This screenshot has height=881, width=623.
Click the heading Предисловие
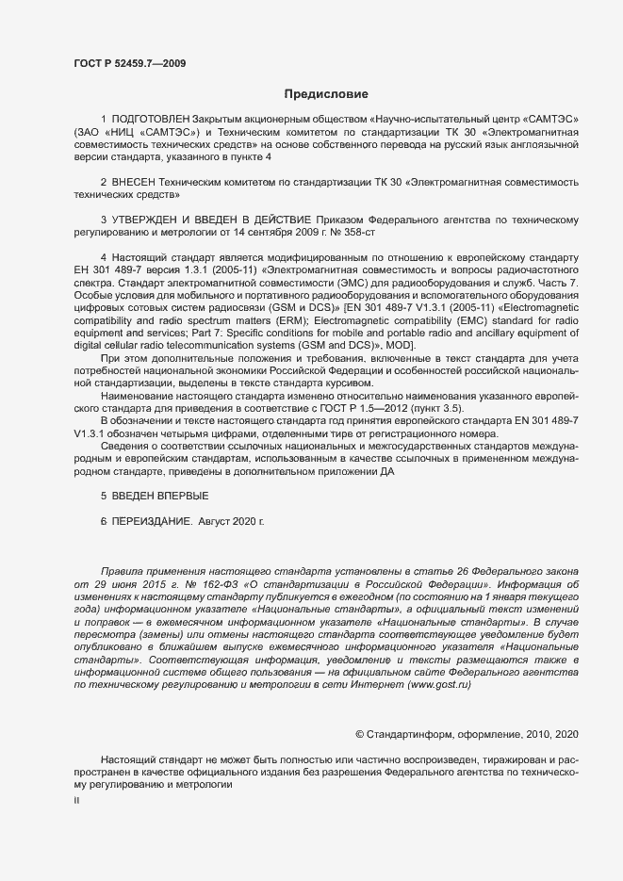tap(327, 94)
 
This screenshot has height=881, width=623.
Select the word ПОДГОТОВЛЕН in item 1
tap(151, 121)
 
